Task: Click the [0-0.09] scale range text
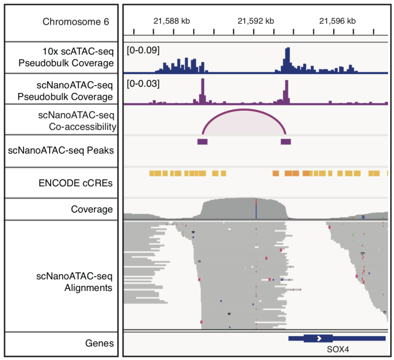coord(144,51)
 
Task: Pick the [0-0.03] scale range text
coord(144,83)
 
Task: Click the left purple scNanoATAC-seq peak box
coord(202,142)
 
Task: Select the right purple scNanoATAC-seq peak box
coord(286,142)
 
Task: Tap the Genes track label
coord(99,343)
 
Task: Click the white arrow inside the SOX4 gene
coord(319,338)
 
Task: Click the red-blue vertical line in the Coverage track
coord(256,209)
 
